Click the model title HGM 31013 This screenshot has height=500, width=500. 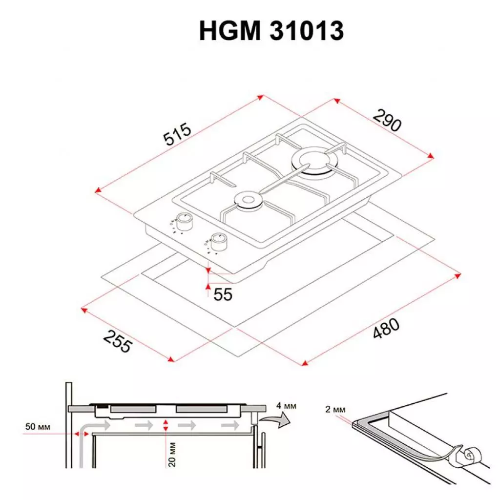271,31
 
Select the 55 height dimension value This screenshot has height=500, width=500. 223,294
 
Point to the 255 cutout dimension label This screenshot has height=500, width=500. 118,340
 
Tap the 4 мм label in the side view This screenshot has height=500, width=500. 286,406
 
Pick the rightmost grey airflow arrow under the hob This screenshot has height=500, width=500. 229,426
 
